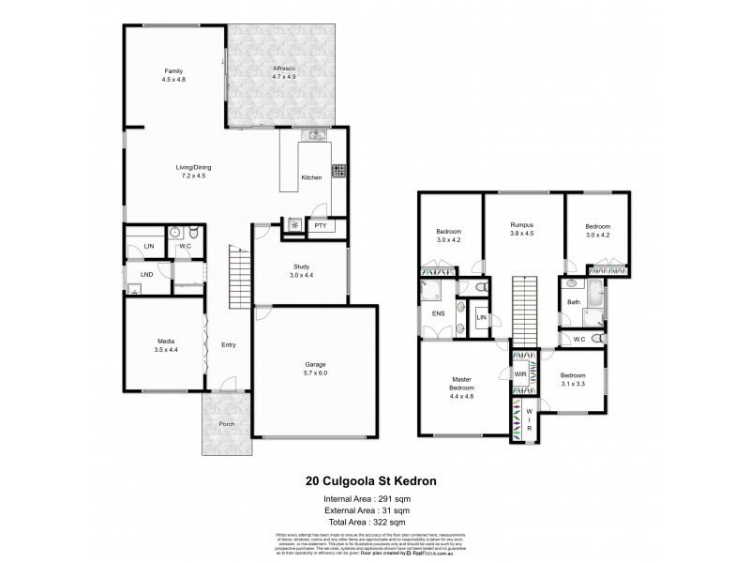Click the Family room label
point(173,71)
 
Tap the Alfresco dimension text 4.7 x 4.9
point(284,79)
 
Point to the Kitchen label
point(311,177)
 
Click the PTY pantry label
point(320,225)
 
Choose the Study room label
point(300,266)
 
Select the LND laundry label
point(146,275)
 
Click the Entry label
point(228,345)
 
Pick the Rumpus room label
point(522,225)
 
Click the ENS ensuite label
point(438,313)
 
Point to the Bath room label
point(573,301)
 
